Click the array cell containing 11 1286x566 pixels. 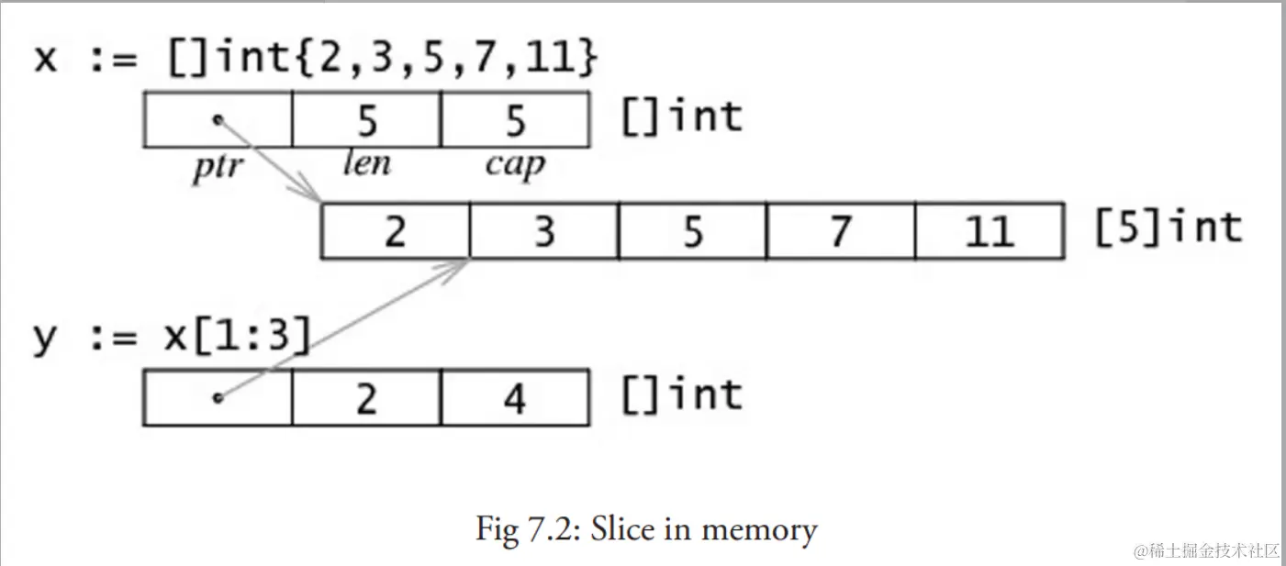click(x=989, y=231)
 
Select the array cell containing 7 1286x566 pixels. click(x=840, y=231)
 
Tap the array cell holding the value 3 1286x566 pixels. click(x=544, y=231)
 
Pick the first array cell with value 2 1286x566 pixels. click(x=396, y=231)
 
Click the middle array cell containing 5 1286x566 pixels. click(x=692, y=231)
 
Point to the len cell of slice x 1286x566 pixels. click(x=366, y=119)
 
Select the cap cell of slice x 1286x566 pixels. click(x=515, y=119)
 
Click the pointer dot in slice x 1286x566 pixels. click(x=218, y=119)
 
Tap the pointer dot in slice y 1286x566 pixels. click(x=218, y=398)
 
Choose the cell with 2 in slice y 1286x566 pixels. click(x=366, y=398)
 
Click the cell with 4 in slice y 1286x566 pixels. click(x=515, y=398)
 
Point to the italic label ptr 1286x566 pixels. click(x=217, y=168)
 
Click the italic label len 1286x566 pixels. click(x=366, y=164)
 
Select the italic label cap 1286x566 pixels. click(x=515, y=166)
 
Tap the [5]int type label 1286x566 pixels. click(x=1168, y=228)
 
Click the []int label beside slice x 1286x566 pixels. click(x=681, y=117)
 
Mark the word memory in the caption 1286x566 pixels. click(x=762, y=529)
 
